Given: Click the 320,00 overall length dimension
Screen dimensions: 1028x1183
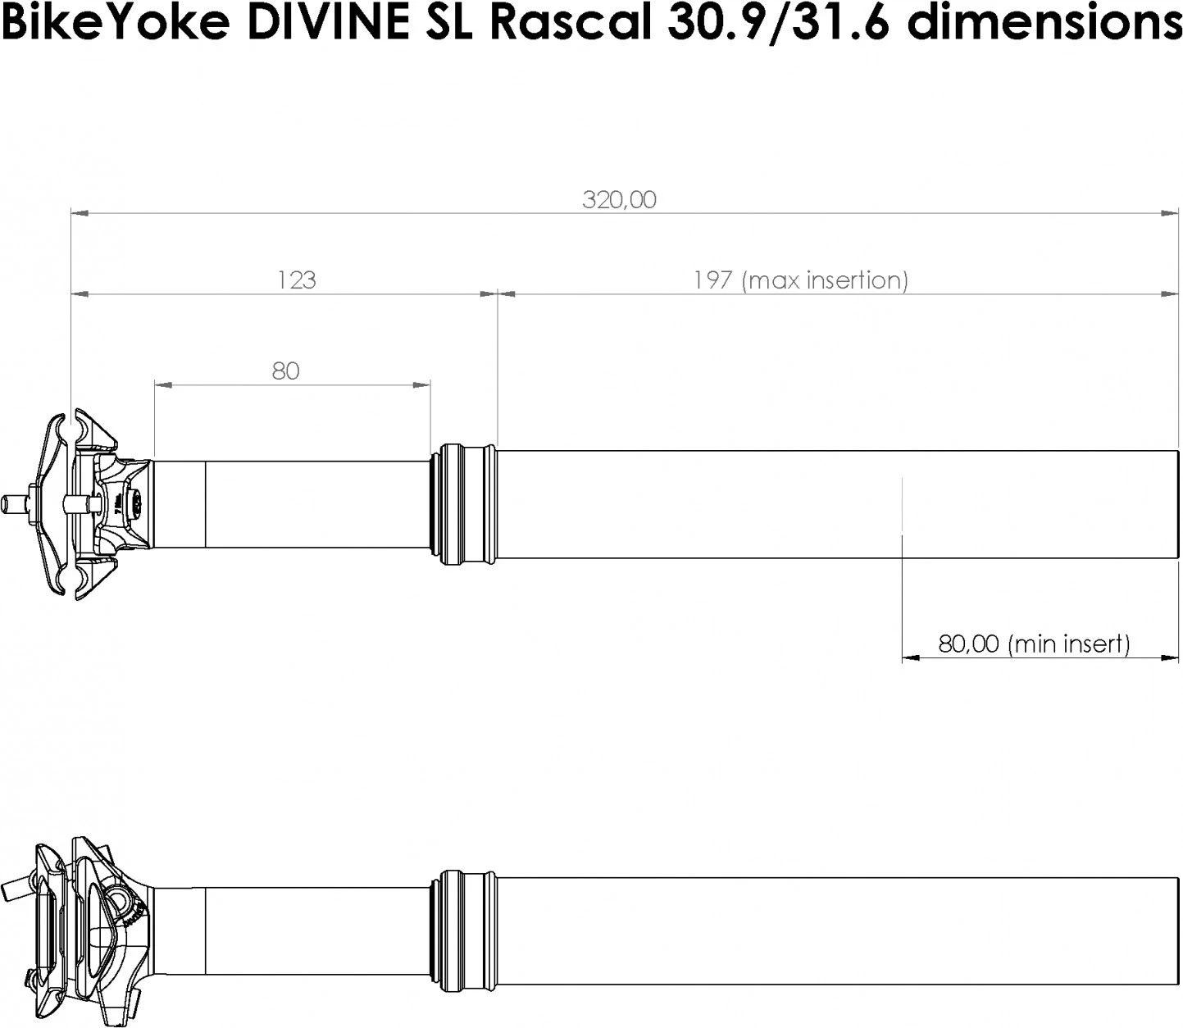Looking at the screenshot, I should click(x=619, y=200).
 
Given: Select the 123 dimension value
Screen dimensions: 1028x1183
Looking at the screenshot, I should click(x=296, y=280).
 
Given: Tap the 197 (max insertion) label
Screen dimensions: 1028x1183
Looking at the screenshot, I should click(x=800, y=280).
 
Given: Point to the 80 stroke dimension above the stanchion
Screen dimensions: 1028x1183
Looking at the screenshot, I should click(x=285, y=371).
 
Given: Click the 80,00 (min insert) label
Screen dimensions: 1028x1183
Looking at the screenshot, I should click(x=1033, y=644).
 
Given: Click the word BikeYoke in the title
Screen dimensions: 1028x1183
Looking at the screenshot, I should click(x=115, y=25).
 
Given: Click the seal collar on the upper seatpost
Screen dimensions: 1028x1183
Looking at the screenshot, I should click(x=464, y=504).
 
